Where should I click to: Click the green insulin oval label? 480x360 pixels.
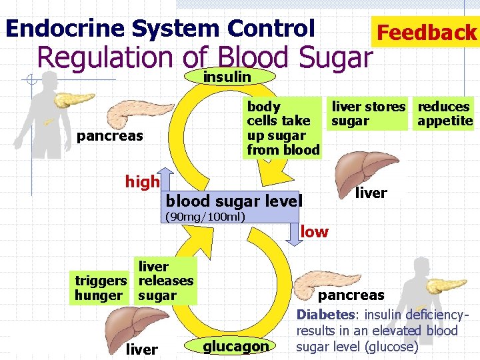pyautogui.click(x=227, y=77)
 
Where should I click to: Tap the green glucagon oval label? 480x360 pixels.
pyautogui.click(x=235, y=345)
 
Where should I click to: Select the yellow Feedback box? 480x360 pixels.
pyautogui.click(x=426, y=32)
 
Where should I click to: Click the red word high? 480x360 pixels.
pyautogui.click(x=143, y=181)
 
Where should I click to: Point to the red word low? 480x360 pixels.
pyautogui.click(x=315, y=232)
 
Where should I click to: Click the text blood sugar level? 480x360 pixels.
pyautogui.click(x=233, y=201)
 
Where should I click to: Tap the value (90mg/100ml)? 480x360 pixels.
pyautogui.click(x=205, y=217)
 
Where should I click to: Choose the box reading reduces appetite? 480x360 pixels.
pyautogui.click(x=444, y=114)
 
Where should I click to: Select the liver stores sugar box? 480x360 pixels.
pyautogui.click(x=368, y=114)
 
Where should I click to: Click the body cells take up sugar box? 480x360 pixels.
pyautogui.click(x=283, y=128)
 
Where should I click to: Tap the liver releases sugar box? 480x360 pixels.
pyautogui.click(x=165, y=281)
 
